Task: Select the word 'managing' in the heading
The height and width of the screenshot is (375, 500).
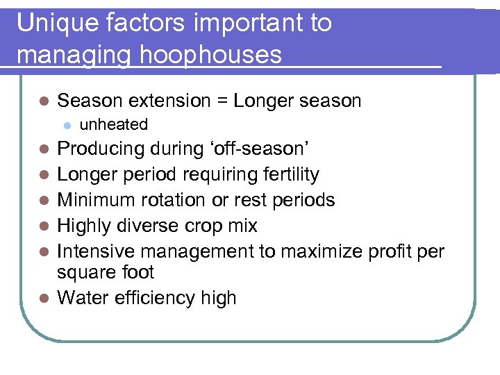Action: [x=69, y=53]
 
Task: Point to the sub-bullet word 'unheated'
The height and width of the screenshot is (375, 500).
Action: [x=114, y=125]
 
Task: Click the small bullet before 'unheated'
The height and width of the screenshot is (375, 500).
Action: [x=67, y=126]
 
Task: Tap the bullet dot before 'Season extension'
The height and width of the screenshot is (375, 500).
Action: [x=44, y=101]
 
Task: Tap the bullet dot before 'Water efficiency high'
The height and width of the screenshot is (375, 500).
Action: [x=44, y=299]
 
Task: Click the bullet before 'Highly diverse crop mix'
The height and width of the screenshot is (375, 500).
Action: [x=44, y=226]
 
